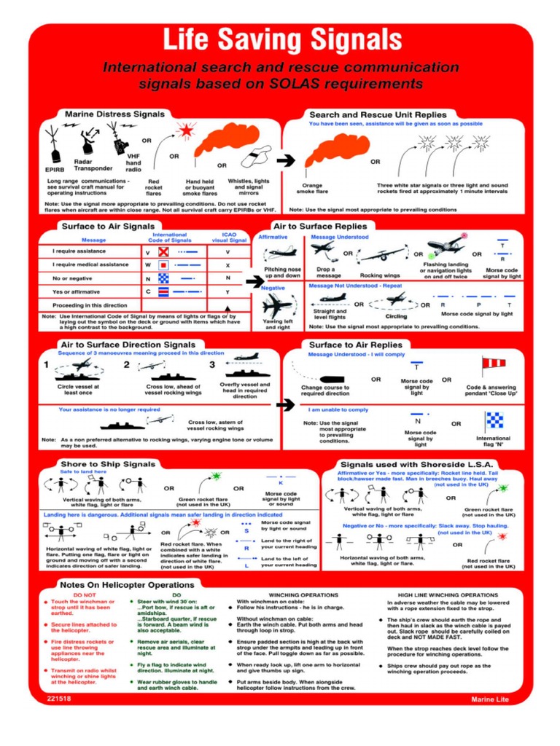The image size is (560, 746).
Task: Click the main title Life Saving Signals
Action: tap(281, 39)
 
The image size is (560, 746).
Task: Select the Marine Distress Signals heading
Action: tap(104, 114)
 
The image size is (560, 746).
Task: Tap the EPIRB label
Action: tap(55, 170)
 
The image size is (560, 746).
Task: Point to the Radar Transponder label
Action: tap(93, 165)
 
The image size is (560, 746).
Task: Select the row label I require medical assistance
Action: tap(90, 265)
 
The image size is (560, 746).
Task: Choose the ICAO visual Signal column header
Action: tap(228, 237)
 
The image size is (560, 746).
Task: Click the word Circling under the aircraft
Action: tap(396, 317)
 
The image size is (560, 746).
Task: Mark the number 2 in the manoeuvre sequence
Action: tap(127, 364)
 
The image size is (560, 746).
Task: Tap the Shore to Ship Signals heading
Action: tap(107, 463)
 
